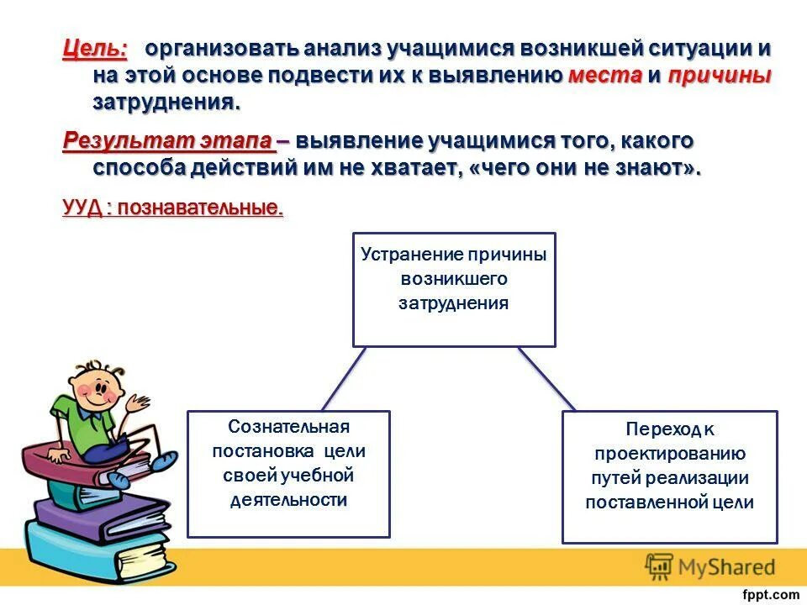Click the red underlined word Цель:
pos(95,49)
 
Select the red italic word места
pos(604,76)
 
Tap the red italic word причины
pos(720,76)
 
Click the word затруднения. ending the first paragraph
pos(166,103)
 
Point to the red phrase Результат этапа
pos(169,140)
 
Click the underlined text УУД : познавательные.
pos(172,208)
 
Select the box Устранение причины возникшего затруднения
pos(454,290)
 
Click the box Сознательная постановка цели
pos(288,473)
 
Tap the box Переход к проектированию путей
pos(670,476)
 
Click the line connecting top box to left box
pos(344,379)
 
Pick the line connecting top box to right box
pos(546,379)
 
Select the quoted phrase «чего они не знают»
pos(584,167)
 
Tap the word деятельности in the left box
pos(288,500)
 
